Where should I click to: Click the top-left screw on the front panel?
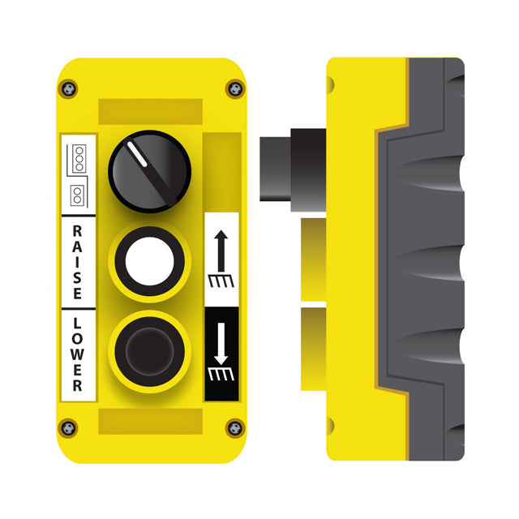pyautogui.click(x=68, y=88)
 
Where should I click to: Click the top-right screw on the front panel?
pyautogui.click(x=235, y=88)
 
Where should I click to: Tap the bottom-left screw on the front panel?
pyautogui.click(x=68, y=428)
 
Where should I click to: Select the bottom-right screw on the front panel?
pyautogui.click(x=235, y=428)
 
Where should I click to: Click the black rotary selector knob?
pyautogui.click(x=149, y=171)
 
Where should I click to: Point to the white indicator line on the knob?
pyautogui.click(x=137, y=154)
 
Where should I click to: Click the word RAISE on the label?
pyautogui.click(x=77, y=262)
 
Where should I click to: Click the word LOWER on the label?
pyautogui.click(x=77, y=354)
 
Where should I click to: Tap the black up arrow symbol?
pyautogui.click(x=221, y=259)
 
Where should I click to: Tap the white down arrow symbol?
pyautogui.click(x=221, y=351)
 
